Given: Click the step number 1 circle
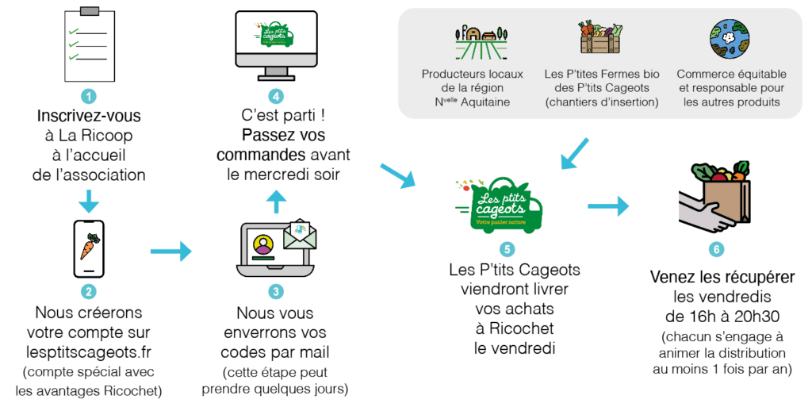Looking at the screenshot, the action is (x=89, y=96).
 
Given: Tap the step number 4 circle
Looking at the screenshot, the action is (x=275, y=96).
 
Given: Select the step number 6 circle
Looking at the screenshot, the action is (x=716, y=250).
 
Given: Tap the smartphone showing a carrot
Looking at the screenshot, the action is (x=89, y=249).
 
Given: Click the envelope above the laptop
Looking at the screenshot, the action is (x=300, y=235).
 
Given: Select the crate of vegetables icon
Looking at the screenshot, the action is (x=601, y=37).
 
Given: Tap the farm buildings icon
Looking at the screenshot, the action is (x=481, y=42).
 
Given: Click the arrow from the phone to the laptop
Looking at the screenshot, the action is (x=171, y=251).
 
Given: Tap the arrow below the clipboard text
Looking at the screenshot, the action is (x=89, y=201).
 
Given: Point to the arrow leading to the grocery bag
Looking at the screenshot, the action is (x=608, y=206).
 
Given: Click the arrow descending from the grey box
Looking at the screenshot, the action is (x=575, y=154).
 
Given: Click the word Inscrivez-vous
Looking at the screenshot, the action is (x=89, y=116).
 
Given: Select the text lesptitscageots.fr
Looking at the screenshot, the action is (x=89, y=352).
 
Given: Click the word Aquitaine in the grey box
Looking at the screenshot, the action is (x=485, y=102).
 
